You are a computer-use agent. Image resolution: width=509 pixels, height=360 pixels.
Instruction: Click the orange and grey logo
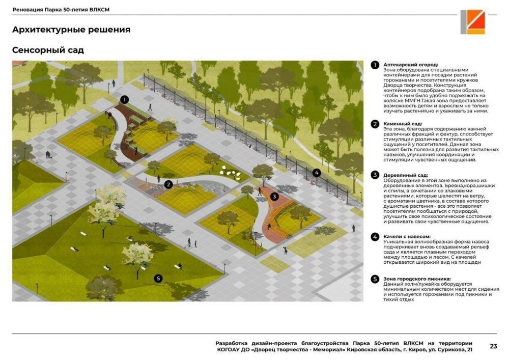[473, 22]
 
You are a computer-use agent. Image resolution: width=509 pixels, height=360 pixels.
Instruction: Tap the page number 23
[493, 346]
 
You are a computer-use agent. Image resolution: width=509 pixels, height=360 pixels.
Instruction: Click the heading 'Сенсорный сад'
[48, 50]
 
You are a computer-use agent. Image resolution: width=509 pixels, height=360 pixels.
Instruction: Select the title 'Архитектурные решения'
[71, 30]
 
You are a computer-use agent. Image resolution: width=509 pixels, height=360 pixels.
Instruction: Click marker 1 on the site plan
[124, 99]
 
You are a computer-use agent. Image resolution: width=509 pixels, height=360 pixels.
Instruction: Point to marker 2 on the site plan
[168, 184]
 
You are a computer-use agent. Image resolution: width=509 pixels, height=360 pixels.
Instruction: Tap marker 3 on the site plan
[275, 197]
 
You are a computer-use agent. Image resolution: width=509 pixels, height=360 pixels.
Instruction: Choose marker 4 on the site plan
[317, 173]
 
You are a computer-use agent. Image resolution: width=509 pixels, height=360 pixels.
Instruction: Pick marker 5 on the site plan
[158, 278]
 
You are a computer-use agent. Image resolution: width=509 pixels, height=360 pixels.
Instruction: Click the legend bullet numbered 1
[375, 65]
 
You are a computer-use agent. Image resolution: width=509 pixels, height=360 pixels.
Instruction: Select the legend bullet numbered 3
[375, 175]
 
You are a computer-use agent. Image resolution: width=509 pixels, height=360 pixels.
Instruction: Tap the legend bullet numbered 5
[375, 279]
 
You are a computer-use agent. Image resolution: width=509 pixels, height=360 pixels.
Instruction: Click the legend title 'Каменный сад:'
[403, 124]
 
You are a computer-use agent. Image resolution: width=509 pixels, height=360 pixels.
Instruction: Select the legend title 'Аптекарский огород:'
[411, 65]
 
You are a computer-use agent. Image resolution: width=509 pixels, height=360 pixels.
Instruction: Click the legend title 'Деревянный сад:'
[406, 175]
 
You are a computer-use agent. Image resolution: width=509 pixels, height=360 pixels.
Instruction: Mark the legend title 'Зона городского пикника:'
[417, 279]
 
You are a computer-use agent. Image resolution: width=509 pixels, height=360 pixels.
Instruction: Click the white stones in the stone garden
[231, 172]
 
